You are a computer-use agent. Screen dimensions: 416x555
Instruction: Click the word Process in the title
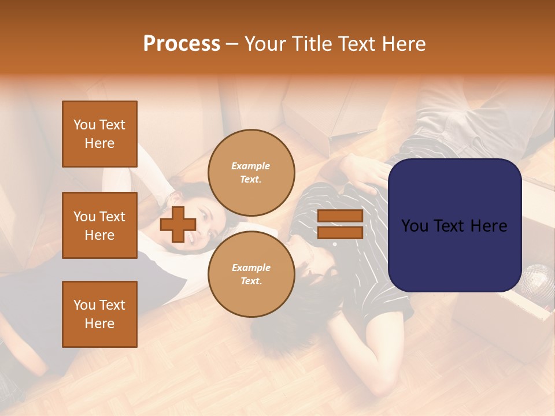182,44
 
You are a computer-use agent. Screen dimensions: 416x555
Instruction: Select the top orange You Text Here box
99,134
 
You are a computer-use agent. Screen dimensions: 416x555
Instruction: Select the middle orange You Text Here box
99,225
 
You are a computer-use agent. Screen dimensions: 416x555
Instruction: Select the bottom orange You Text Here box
99,314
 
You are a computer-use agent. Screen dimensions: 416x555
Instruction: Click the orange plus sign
178,224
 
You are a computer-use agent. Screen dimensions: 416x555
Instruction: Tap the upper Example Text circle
251,173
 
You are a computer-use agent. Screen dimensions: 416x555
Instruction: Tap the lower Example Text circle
251,274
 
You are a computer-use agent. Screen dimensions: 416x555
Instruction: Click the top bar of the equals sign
340,216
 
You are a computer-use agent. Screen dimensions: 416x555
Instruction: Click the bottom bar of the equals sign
340,232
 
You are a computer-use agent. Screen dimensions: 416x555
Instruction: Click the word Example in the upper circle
251,166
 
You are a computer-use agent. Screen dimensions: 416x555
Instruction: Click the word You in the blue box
414,225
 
